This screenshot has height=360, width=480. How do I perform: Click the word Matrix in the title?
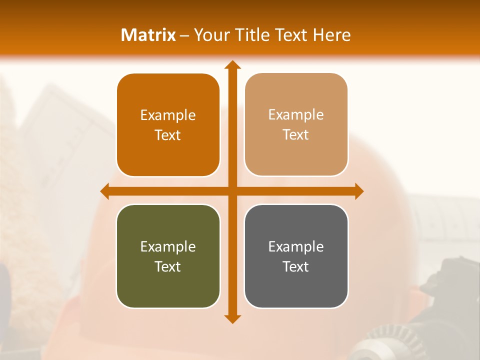(x=148, y=35)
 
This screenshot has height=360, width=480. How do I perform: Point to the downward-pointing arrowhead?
(x=232, y=318)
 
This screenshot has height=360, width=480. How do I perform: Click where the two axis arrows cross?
(x=232, y=191)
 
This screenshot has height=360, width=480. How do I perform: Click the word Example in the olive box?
(x=168, y=246)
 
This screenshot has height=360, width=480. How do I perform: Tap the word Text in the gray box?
(x=296, y=266)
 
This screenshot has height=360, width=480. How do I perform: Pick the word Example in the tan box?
(x=296, y=114)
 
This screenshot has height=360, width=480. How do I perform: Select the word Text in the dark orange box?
(x=168, y=135)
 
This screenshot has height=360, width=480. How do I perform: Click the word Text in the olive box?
(x=168, y=266)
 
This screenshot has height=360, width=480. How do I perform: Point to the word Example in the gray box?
(x=296, y=246)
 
